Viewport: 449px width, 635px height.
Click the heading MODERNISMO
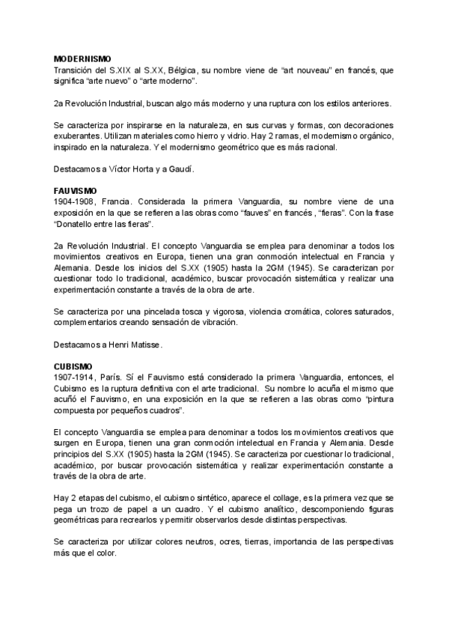coord(82,58)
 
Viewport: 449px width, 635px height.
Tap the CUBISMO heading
coord(73,366)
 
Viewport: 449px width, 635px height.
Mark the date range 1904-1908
coord(75,203)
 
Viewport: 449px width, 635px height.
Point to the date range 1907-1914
coord(75,377)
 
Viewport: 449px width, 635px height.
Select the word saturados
coord(371,311)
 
